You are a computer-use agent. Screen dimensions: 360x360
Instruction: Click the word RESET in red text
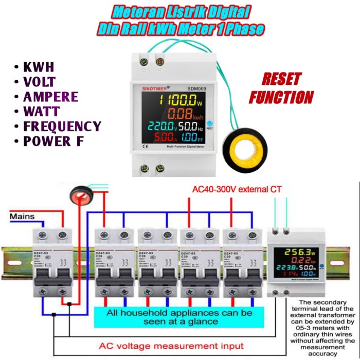click(282, 79)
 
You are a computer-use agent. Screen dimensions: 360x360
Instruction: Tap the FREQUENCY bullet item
click(62, 127)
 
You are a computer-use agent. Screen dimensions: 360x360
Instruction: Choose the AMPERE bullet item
click(51, 97)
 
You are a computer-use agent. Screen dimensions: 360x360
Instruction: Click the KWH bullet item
click(39, 67)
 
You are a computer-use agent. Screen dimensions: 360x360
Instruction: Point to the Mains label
click(23, 217)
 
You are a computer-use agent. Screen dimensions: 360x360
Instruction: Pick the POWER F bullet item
click(54, 141)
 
